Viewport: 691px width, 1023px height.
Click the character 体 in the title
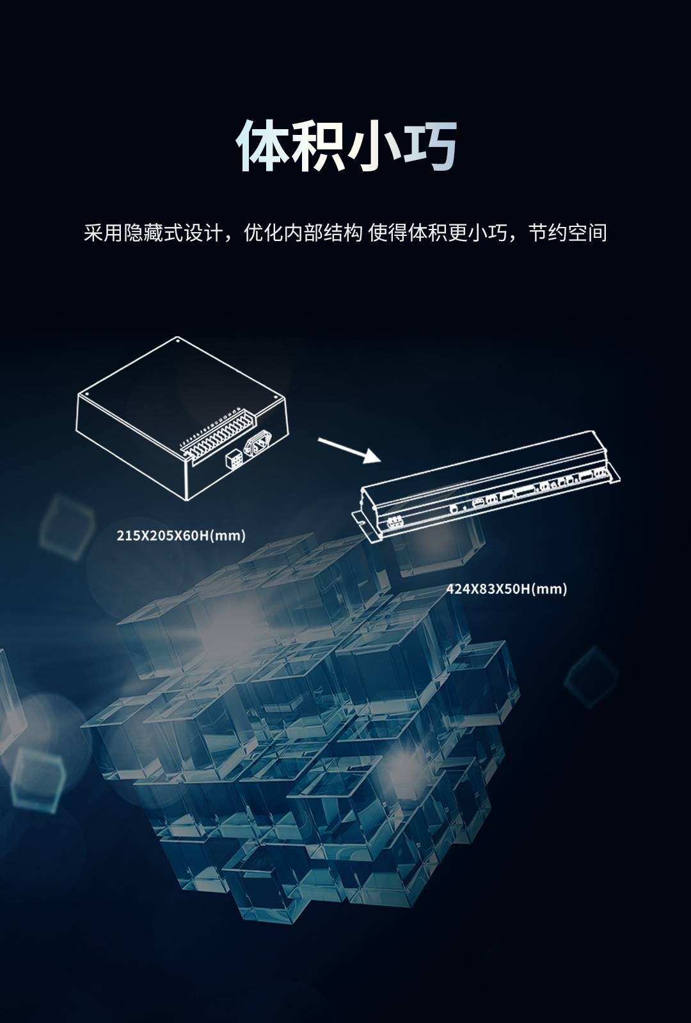(263, 146)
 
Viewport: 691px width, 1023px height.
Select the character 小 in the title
(374, 146)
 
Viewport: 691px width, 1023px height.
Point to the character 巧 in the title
(429, 146)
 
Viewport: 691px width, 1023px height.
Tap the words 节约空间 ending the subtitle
(568, 233)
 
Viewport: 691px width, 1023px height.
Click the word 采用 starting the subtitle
(103, 233)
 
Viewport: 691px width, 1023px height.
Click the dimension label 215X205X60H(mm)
(181, 535)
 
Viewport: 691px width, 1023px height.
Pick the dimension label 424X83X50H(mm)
(506, 589)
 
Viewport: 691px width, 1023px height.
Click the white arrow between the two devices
(349, 450)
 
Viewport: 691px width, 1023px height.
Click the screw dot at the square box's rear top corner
(177, 340)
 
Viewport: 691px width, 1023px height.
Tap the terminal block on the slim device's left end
(393, 522)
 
